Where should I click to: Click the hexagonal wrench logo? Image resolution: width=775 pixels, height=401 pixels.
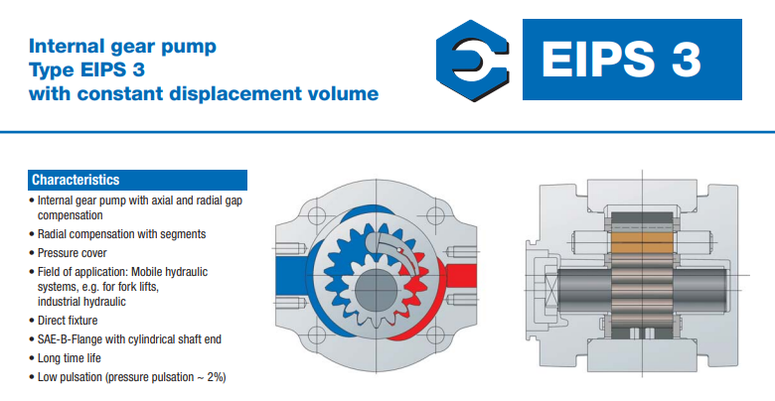[x=472, y=61]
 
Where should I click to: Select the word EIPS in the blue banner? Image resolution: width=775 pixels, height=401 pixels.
[x=598, y=60]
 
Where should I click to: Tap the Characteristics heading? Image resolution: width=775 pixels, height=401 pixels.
[x=76, y=180]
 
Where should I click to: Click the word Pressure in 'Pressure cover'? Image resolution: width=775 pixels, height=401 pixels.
[x=57, y=253]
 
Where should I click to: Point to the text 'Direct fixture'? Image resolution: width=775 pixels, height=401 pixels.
[x=68, y=321]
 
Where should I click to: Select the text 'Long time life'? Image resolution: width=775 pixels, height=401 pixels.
[x=70, y=358]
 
